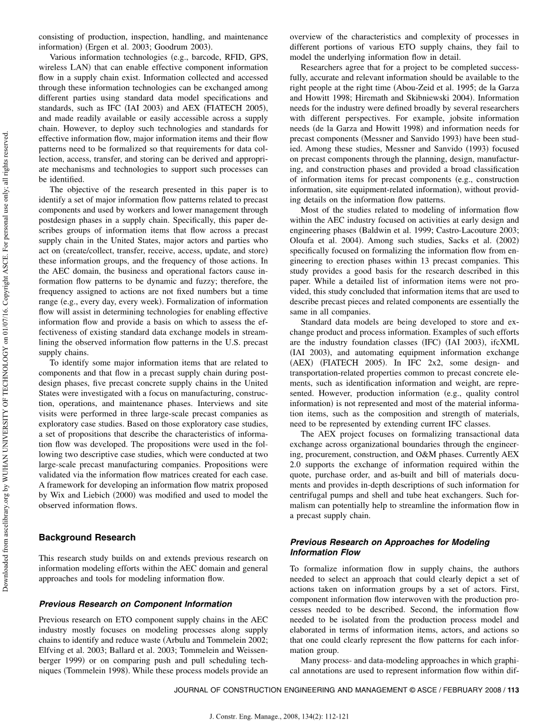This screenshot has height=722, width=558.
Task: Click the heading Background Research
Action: tap(87, 537)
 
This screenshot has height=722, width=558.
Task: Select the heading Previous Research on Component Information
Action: tap(135, 604)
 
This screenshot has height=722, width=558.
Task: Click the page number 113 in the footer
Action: tap(513, 690)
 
